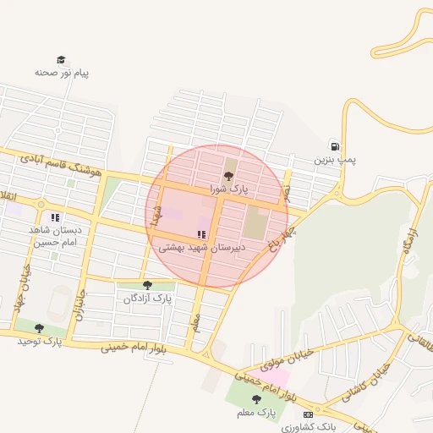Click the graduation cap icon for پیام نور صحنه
point(61,60)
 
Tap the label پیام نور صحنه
point(62,73)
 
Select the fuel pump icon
point(336,145)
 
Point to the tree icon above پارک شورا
point(228,177)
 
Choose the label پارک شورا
point(228,190)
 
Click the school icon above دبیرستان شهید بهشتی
point(200,234)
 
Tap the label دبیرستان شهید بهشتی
point(201,248)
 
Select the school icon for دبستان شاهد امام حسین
point(55,217)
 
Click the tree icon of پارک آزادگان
point(147,286)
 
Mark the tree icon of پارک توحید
point(39,328)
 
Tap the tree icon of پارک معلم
point(256,399)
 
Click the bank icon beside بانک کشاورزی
point(308,414)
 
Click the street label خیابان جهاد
point(19,288)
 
